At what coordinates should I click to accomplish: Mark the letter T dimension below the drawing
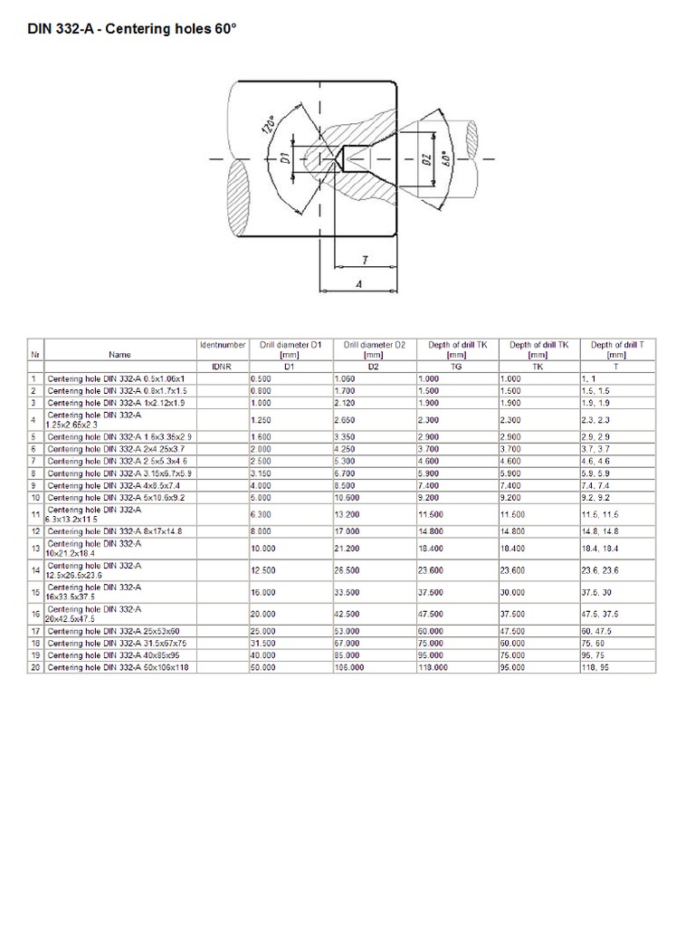tap(364, 260)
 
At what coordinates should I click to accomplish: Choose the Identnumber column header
tap(222, 345)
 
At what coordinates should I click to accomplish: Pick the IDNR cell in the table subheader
tap(222, 367)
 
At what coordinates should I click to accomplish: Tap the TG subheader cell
tap(456, 367)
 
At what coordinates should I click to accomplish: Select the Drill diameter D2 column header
tap(373, 349)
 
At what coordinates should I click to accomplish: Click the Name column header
tap(119, 355)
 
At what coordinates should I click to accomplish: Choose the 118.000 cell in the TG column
tap(434, 666)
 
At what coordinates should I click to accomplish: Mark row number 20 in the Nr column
tap(35, 666)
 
